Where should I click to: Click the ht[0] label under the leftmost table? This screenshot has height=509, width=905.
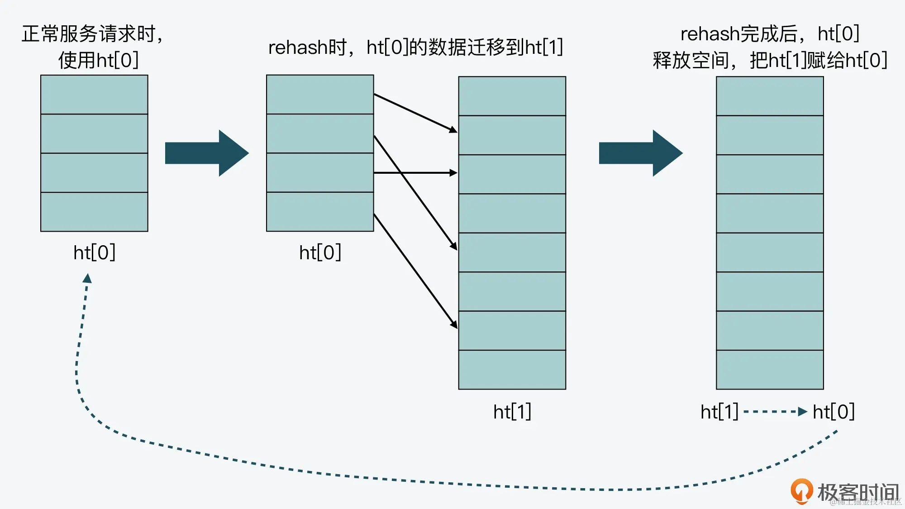coord(94,252)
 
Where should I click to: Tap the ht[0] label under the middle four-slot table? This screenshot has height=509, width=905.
coord(320,252)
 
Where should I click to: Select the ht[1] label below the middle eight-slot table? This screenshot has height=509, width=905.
coord(512,412)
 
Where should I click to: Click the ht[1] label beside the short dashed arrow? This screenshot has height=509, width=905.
coord(719,412)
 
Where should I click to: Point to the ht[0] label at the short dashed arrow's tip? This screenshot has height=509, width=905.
coord(834,412)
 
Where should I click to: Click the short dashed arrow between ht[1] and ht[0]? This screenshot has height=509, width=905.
coord(775,412)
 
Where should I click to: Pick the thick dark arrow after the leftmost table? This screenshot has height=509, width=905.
coord(207,153)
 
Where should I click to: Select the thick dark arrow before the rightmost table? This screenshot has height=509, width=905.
coord(640,153)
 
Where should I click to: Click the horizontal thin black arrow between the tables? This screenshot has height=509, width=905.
coord(415,173)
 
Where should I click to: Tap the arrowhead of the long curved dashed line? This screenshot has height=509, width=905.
coord(87,278)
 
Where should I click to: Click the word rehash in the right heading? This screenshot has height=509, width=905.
coord(710,34)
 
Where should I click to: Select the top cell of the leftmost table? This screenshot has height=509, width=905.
coord(94,95)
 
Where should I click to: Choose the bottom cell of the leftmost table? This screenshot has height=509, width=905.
coord(94,212)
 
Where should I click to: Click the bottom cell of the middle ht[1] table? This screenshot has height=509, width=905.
coord(512,369)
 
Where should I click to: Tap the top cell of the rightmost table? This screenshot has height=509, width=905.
coord(770,96)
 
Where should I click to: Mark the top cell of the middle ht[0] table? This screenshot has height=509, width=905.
coord(320,95)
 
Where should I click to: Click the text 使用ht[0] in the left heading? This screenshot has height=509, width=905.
coord(98,60)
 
